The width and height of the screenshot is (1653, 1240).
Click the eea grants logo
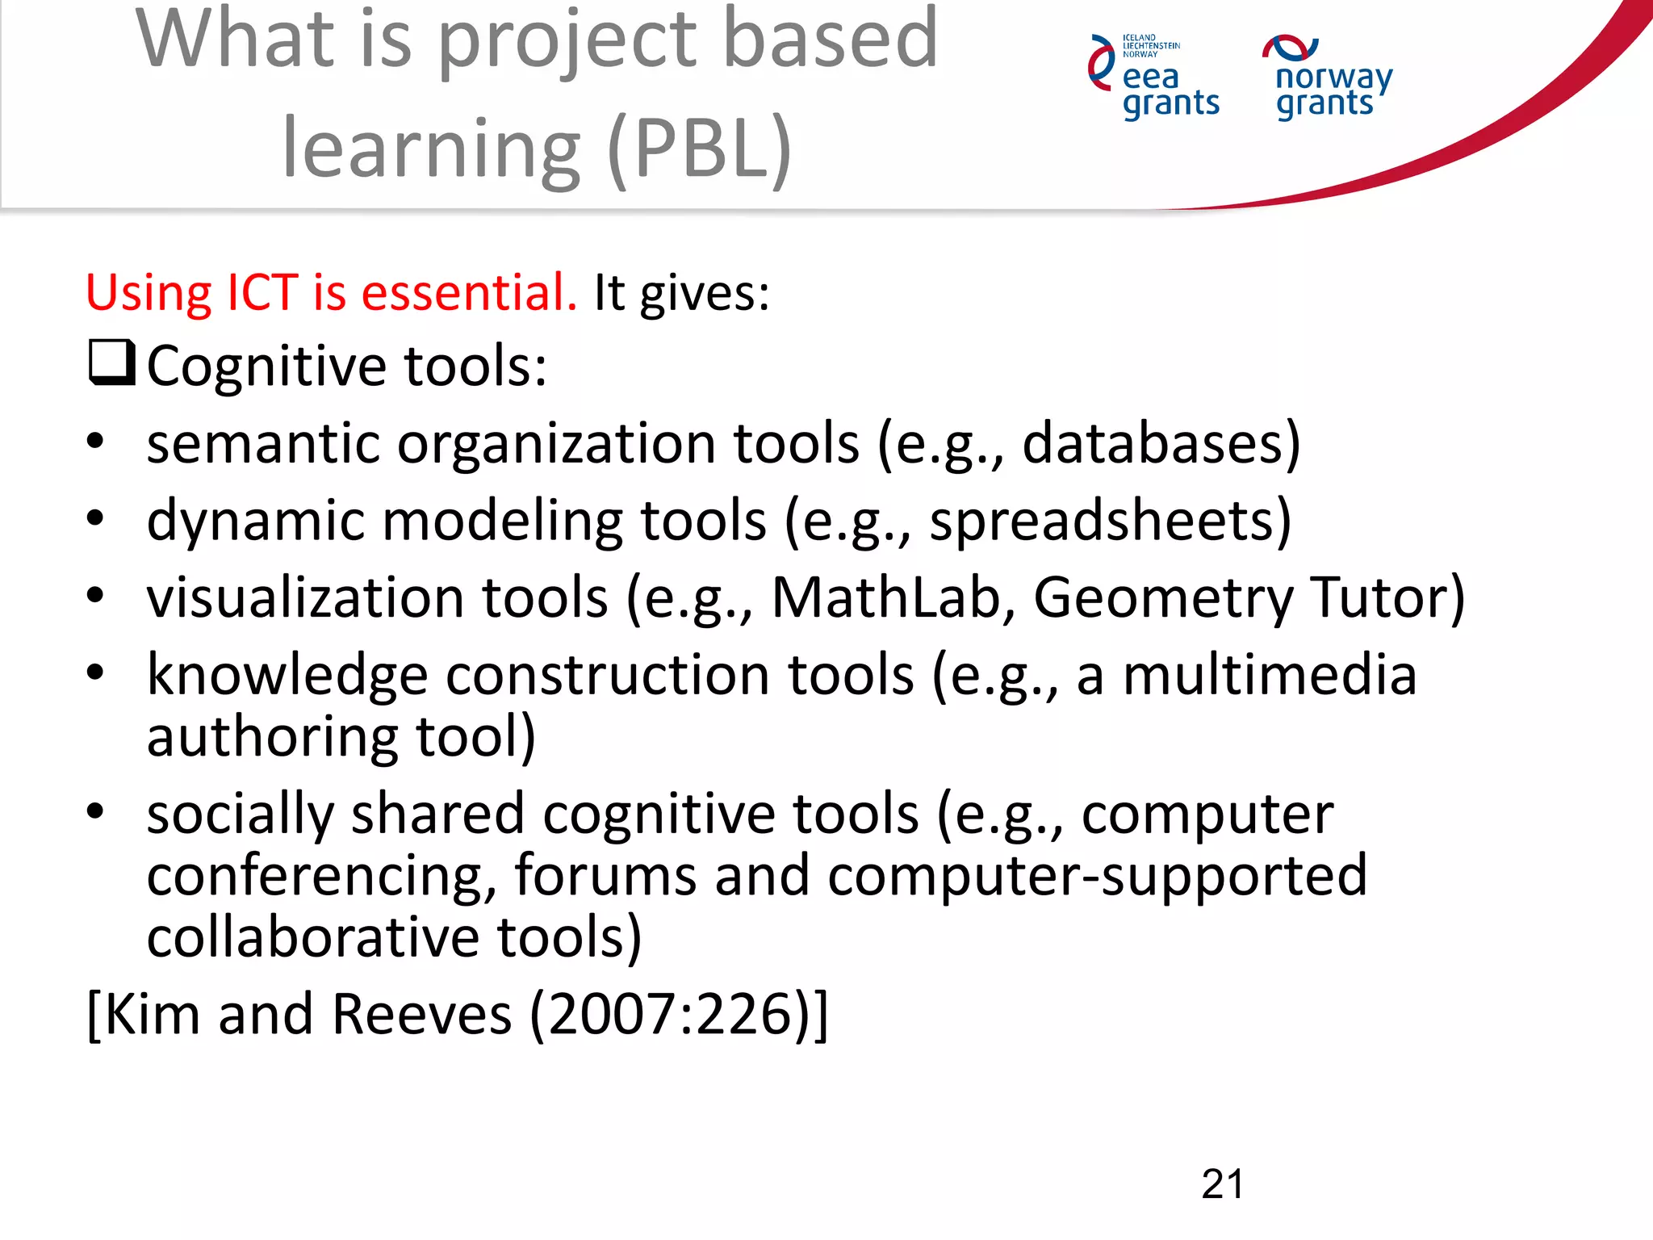point(1154,77)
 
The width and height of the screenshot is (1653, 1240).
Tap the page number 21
point(1222,1184)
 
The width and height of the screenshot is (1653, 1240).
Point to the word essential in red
point(468,292)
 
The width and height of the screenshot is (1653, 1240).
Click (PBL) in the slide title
point(699,149)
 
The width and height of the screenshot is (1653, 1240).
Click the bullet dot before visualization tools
point(95,596)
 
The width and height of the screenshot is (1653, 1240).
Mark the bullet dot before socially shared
point(95,811)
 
